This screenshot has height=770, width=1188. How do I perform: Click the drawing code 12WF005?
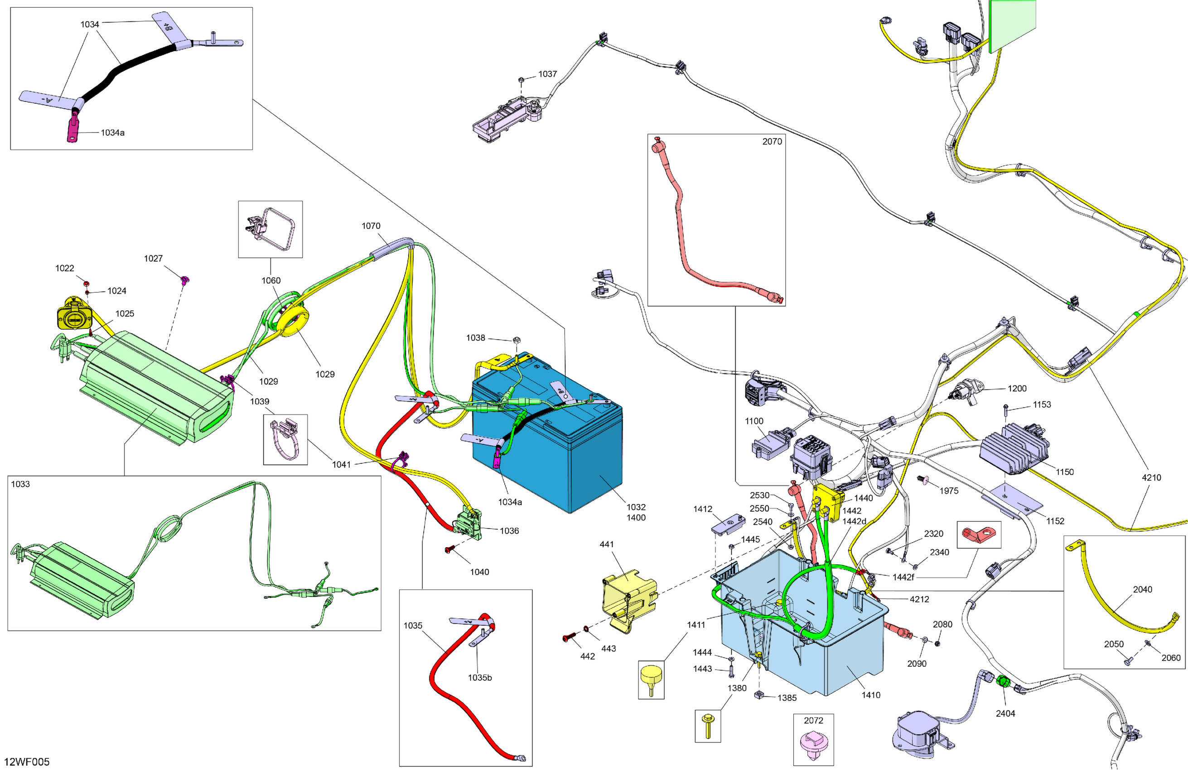pyautogui.click(x=27, y=761)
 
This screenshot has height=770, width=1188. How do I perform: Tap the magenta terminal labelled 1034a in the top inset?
pyautogui.click(x=73, y=129)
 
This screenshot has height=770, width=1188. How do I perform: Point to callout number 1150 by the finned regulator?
pyautogui.click(x=1064, y=472)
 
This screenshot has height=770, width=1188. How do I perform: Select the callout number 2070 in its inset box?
pyautogui.click(x=772, y=141)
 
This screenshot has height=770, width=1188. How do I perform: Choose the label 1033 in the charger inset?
pyautogui.click(x=20, y=484)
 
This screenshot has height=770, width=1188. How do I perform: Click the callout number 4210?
pyautogui.click(x=1151, y=477)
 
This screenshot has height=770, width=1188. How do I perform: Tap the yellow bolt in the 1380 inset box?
pyautogui.click(x=707, y=726)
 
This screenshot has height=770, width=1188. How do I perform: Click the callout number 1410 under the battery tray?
pyautogui.click(x=870, y=695)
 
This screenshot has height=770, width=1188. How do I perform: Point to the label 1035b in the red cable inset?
pyautogui.click(x=480, y=677)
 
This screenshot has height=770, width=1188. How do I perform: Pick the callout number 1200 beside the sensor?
pyautogui.click(x=1017, y=388)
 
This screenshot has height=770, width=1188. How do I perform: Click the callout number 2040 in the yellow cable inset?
pyautogui.click(x=1142, y=589)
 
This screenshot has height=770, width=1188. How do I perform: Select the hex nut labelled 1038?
pyautogui.click(x=517, y=339)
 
